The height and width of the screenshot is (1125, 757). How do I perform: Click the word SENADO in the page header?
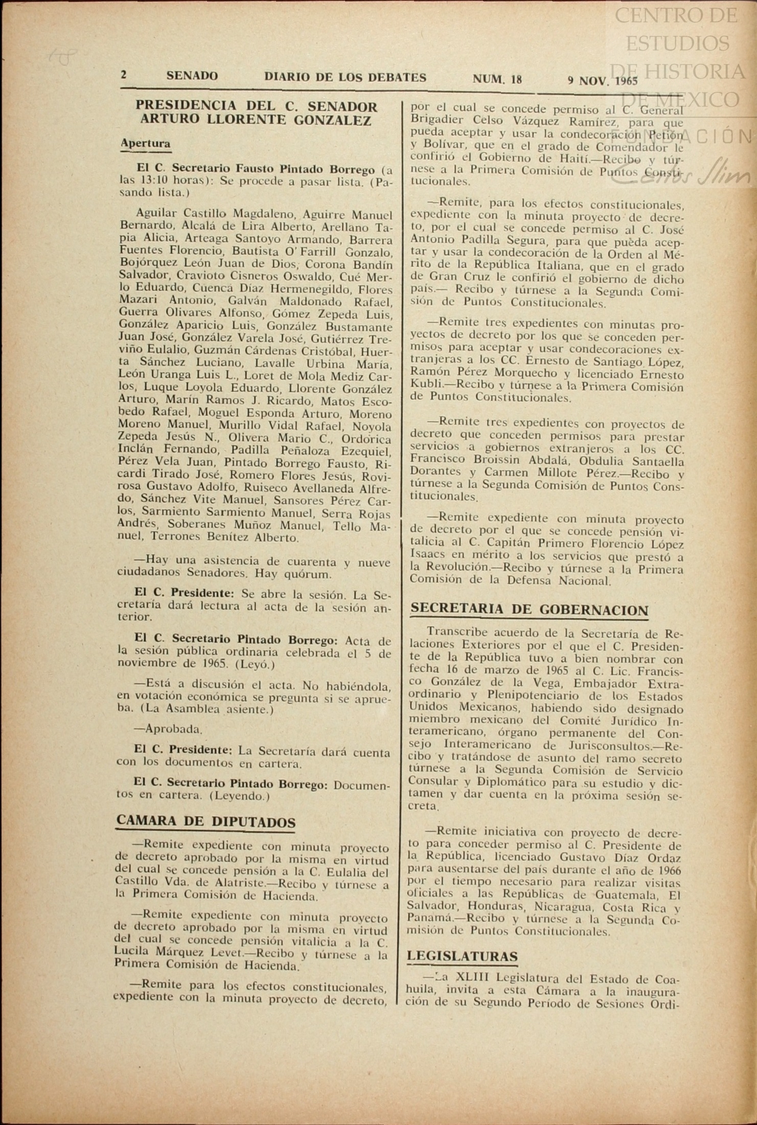tap(192, 76)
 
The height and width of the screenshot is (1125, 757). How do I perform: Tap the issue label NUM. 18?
tap(497, 79)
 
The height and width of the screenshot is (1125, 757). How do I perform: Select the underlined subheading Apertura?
tap(145, 144)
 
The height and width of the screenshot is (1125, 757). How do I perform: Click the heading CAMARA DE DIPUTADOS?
tap(206, 822)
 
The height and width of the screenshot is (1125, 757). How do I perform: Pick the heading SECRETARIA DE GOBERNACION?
tap(529, 610)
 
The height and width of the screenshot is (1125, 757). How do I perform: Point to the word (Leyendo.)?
tap(240, 795)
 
